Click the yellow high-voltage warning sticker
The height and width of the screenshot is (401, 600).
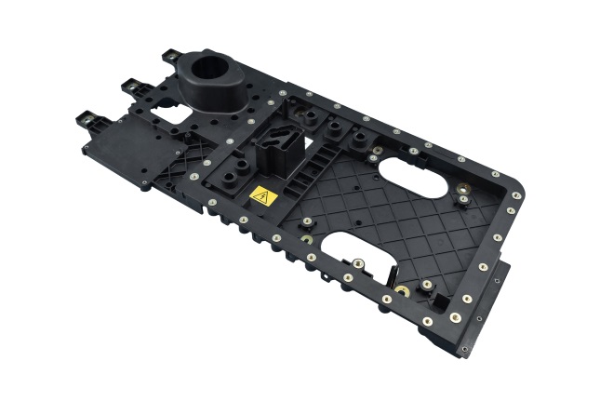(261, 196)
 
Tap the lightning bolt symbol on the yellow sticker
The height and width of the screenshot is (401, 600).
(261, 197)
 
